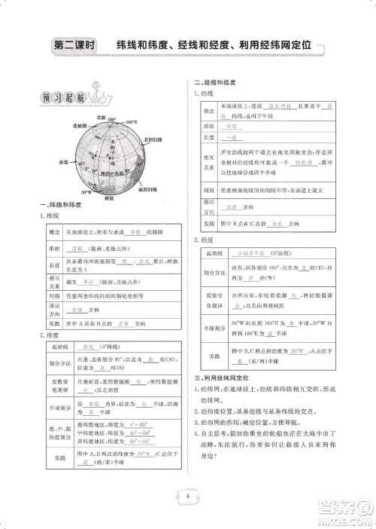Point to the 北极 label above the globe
(103, 119)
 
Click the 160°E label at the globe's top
(132, 121)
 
